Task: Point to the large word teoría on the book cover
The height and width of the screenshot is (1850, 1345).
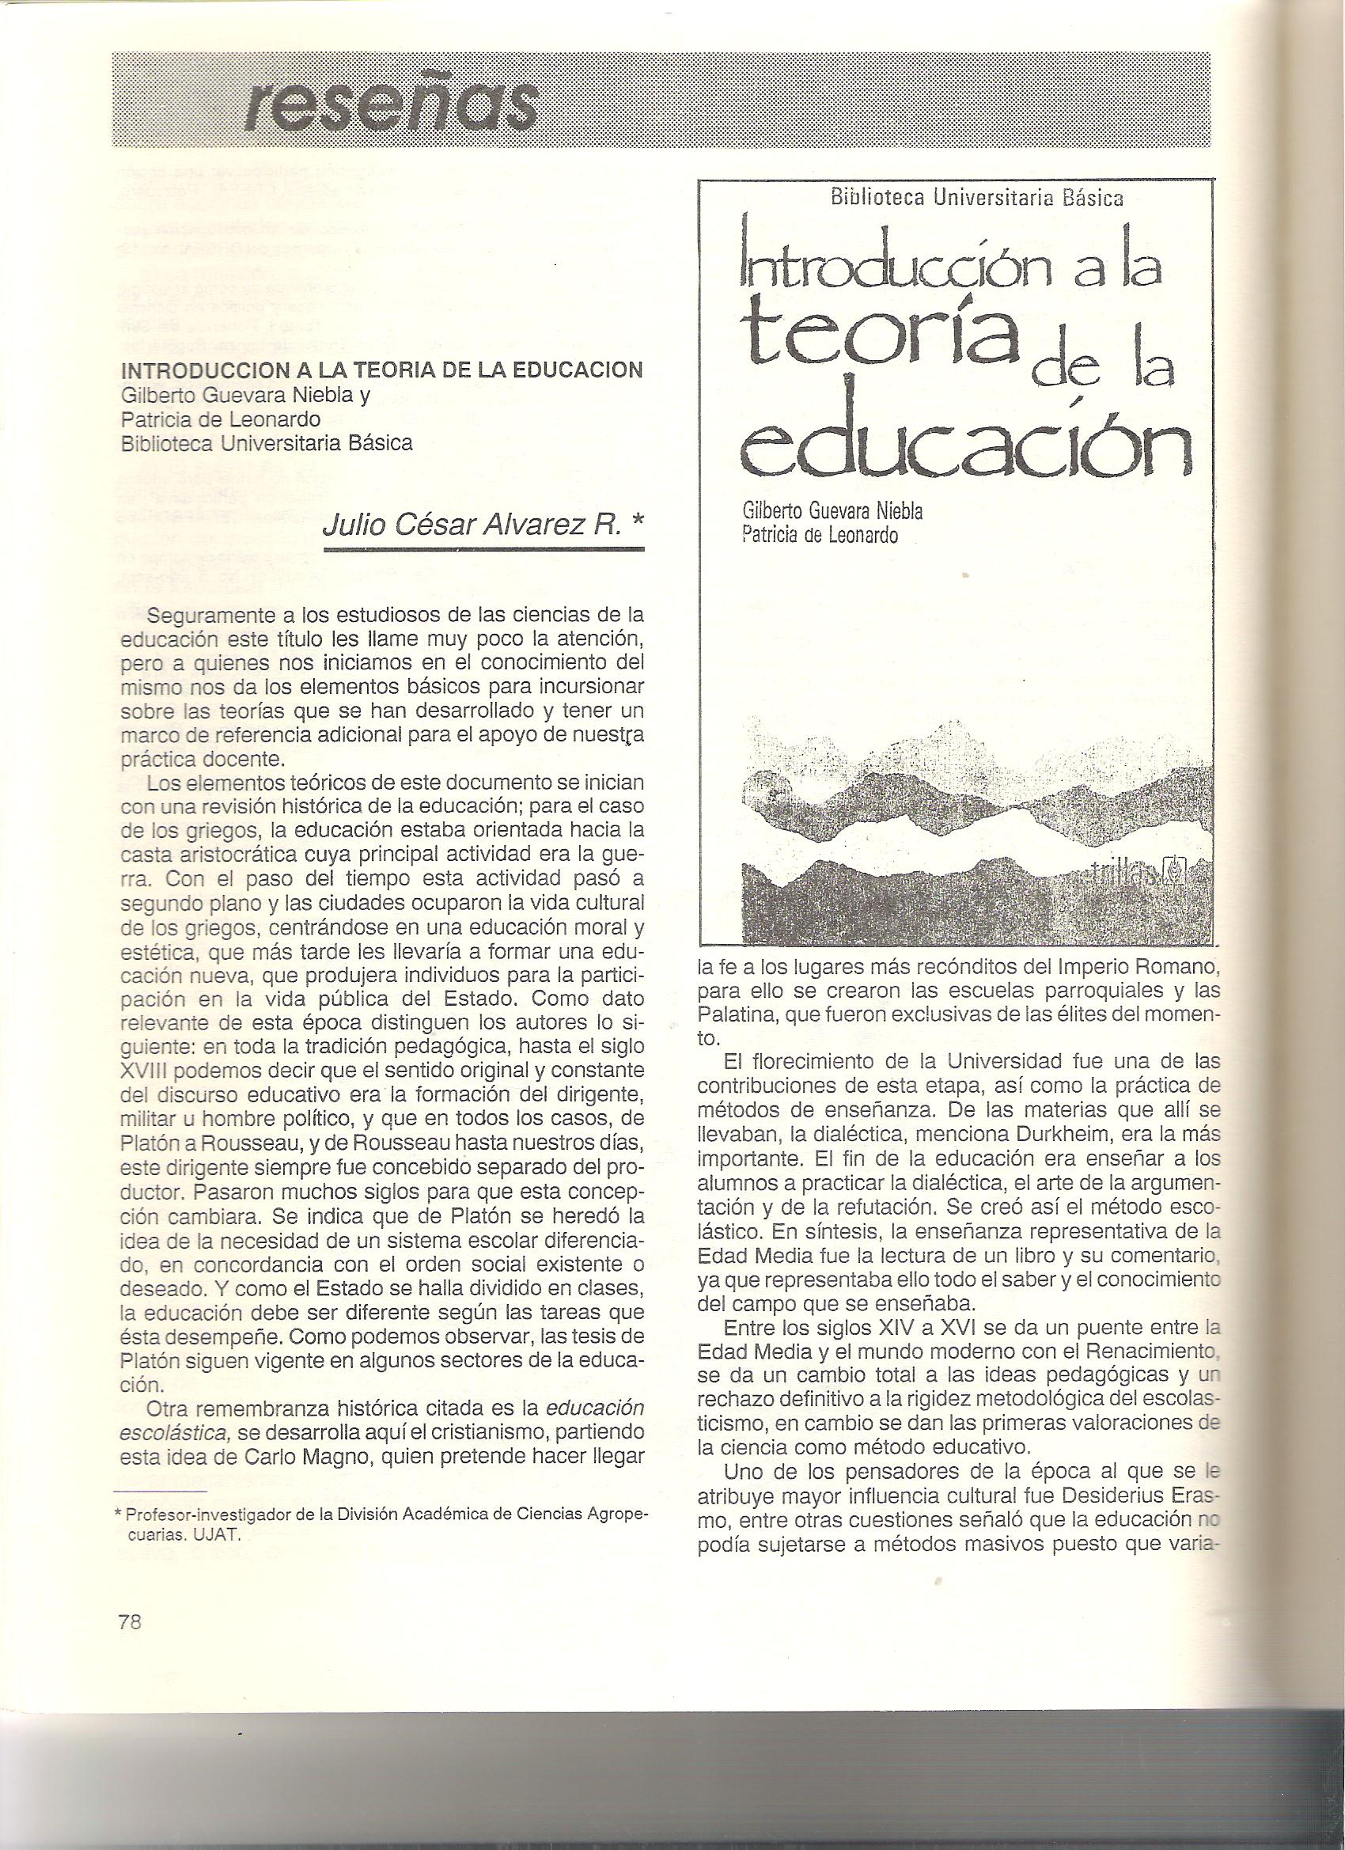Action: [877, 343]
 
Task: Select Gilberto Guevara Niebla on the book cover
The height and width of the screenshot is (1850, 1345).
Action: [832, 512]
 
